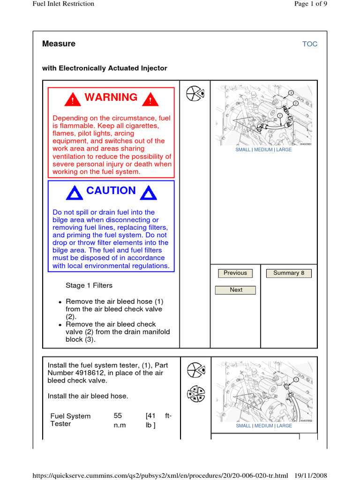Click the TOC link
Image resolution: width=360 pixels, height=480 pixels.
310,44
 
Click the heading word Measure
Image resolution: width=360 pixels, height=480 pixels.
59,44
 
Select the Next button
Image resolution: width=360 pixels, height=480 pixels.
236,290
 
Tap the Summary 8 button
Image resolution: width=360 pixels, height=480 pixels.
289,273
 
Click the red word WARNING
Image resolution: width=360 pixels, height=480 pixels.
111,97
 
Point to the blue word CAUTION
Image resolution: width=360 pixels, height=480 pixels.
111,191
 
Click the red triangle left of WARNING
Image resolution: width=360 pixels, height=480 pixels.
73,99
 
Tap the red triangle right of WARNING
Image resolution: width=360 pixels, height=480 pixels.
150,99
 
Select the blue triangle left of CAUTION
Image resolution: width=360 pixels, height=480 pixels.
75,193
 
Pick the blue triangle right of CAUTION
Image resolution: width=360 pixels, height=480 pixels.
148,193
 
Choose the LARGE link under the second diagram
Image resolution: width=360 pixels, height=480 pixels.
284,426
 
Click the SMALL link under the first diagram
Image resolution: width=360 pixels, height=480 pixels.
243,150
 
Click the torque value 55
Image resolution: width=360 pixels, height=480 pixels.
118,416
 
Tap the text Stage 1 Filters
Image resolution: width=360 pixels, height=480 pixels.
89,285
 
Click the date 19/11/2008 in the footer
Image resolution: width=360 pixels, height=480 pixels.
310,476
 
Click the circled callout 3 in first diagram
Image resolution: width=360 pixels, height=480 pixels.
291,92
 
